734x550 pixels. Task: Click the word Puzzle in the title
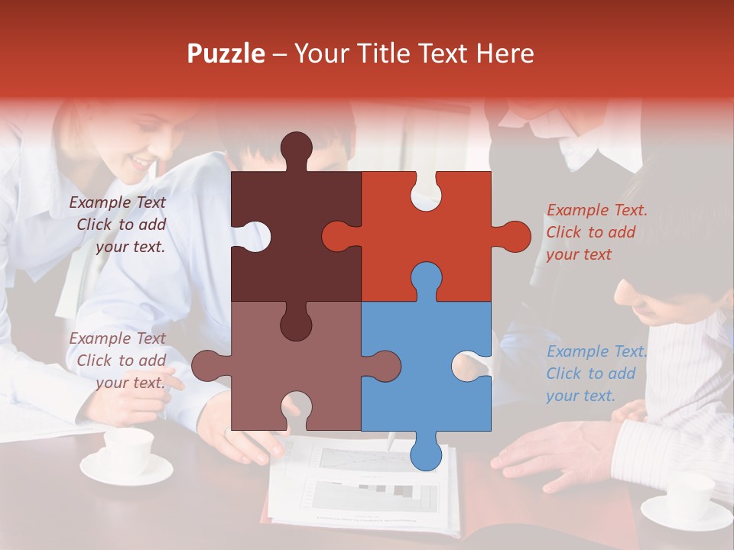(x=226, y=53)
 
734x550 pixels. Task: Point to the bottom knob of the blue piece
(x=426, y=453)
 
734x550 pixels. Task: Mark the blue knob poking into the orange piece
(x=426, y=278)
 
